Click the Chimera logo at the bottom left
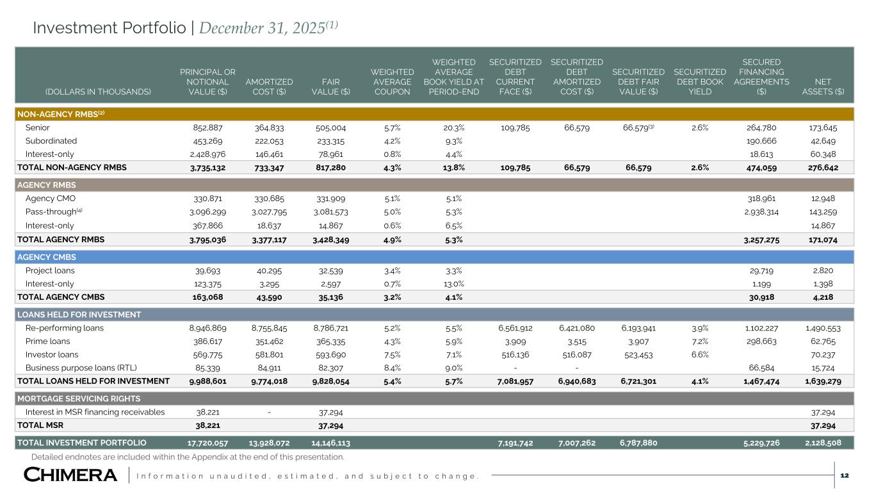click(70, 475)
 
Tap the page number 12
click(845, 475)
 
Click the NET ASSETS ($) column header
click(823, 86)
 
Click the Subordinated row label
click(51, 140)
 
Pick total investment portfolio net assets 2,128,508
click(821, 442)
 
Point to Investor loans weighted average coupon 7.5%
click(393, 354)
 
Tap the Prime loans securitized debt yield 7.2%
click(700, 341)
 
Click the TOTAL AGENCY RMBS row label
click(61, 240)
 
